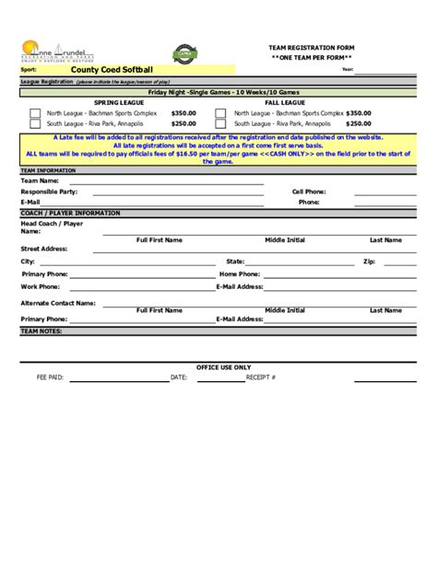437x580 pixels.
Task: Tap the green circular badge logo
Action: pyautogui.click(x=184, y=55)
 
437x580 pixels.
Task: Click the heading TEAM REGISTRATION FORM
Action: pyautogui.click(x=311, y=47)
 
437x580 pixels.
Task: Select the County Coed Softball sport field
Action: pyautogui.click(x=112, y=69)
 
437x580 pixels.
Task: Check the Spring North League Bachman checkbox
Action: pyautogui.click(x=35, y=113)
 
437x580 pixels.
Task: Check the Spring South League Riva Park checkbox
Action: pyautogui.click(x=35, y=123)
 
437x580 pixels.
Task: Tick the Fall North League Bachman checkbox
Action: pyautogui.click(x=221, y=113)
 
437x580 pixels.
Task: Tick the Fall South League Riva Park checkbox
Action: pyautogui.click(x=221, y=123)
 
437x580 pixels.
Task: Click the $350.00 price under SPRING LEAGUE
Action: pyautogui.click(x=183, y=113)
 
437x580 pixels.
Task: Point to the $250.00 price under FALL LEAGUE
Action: pyautogui.click(x=359, y=123)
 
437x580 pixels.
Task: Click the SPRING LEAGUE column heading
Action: pyautogui.click(x=118, y=102)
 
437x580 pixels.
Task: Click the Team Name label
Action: pyautogui.click(x=40, y=181)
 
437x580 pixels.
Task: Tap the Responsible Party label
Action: pyautogui.click(x=50, y=191)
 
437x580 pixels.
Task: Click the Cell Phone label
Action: pyautogui.click(x=309, y=191)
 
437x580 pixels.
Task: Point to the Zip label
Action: pyautogui.click(x=369, y=261)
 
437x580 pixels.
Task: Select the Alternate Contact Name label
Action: pyautogui.click(x=58, y=302)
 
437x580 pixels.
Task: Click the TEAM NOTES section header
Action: pyautogui.click(x=41, y=330)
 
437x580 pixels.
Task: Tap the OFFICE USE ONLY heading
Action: pyautogui.click(x=223, y=367)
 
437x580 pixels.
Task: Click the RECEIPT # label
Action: pyautogui.click(x=260, y=377)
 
